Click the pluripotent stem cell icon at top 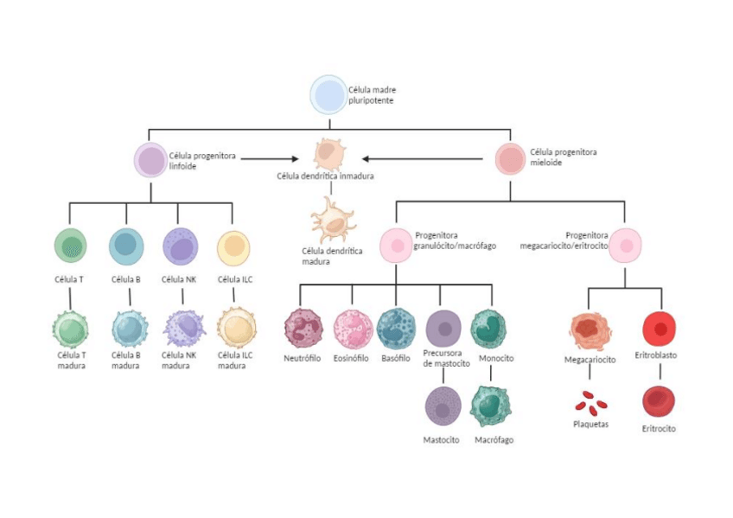pos(328,95)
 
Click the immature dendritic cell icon pos(329,155)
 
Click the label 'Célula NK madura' pos(179,360)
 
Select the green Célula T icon pos(70,246)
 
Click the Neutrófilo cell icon pos(303,329)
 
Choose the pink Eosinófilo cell pos(352,329)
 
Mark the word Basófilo pos(396,358)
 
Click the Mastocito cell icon pos(443,406)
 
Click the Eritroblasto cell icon pos(659,329)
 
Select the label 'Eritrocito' pos(659,429)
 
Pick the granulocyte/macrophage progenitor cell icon pos(397,245)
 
